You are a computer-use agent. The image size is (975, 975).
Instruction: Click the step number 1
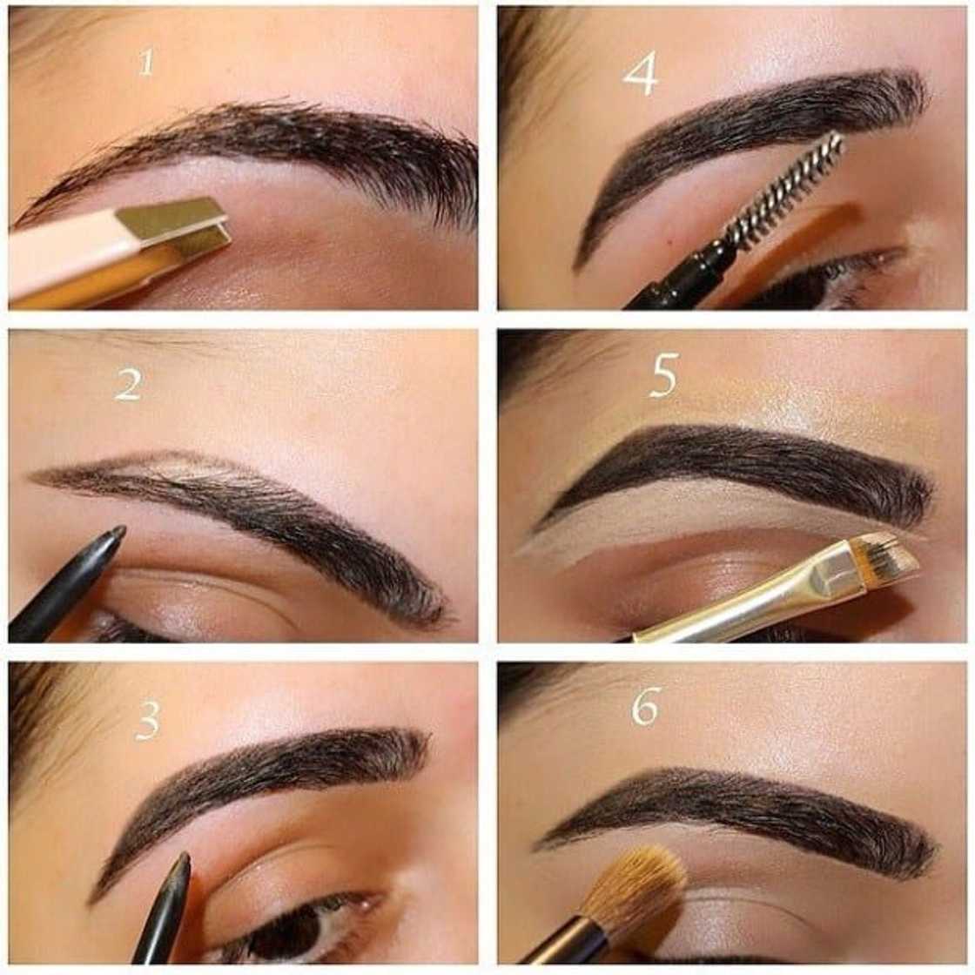click(x=146, y=62)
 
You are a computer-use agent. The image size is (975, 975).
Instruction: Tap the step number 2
click(x=128, y=384)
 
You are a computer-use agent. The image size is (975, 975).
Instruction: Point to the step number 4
click(x=640, y=73)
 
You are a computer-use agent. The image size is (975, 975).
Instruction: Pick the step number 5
click(x=663, y=376)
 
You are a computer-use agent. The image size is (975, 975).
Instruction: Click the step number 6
click(x=645, y=706)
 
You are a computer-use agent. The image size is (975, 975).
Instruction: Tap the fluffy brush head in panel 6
click(x=635, y=888)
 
